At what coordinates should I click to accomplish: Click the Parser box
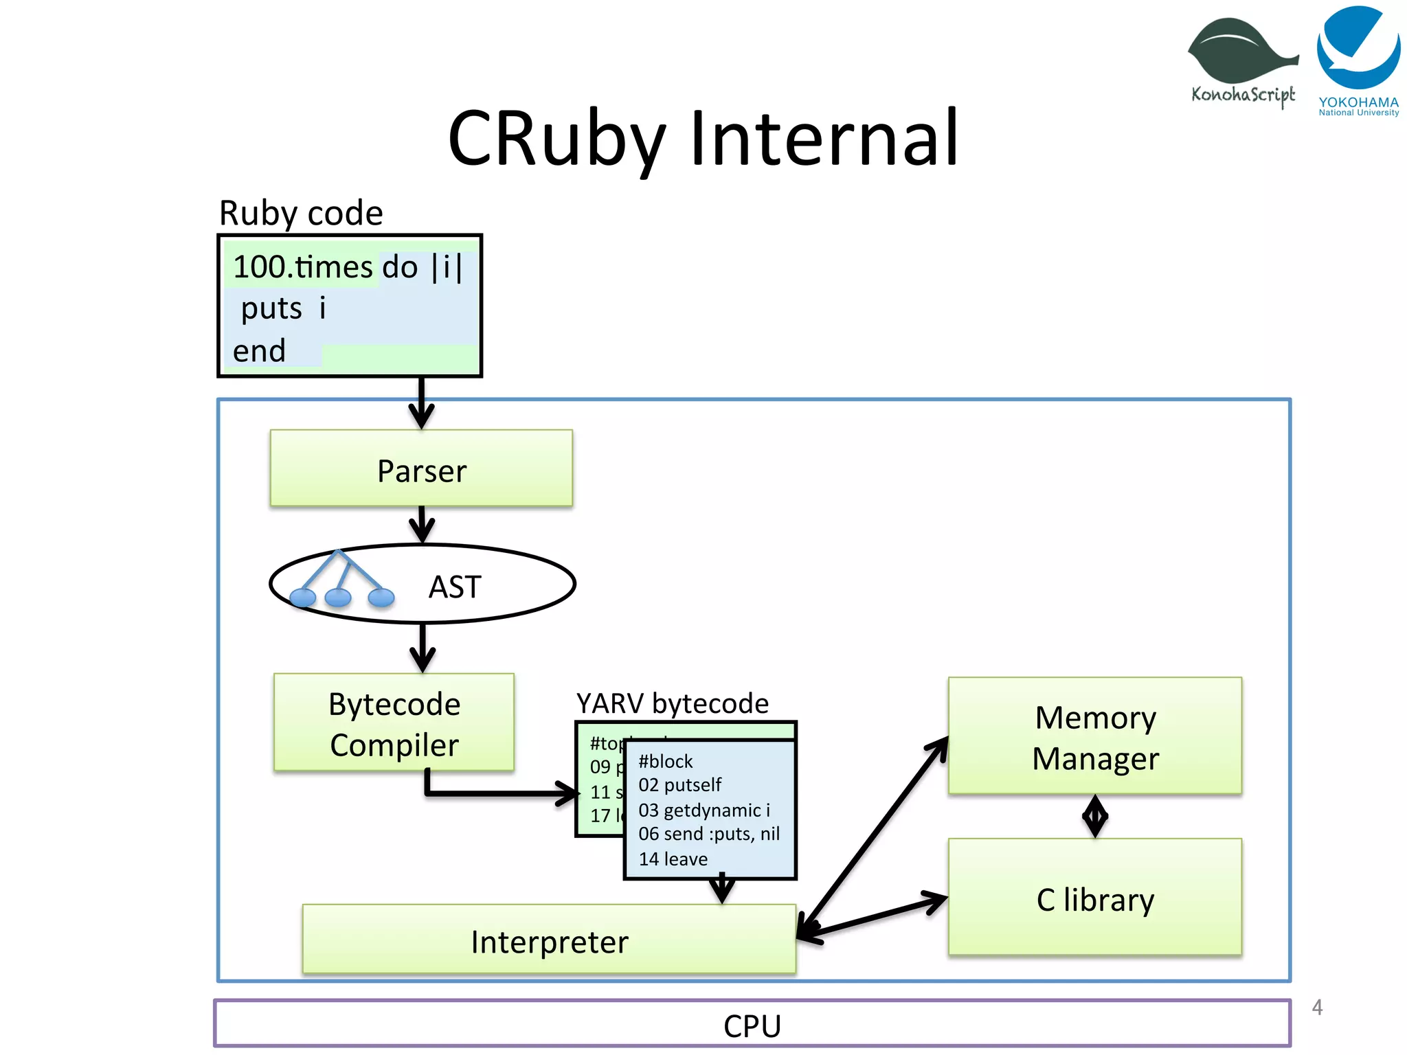tap(421, 469)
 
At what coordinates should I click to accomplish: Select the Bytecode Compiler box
tap(394, 723)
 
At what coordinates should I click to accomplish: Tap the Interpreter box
tap(549, 940)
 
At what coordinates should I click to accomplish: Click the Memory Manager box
tap(1095, 737)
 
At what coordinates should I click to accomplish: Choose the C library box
tap(1095, 898)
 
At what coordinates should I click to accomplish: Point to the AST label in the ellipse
tap(455, 587)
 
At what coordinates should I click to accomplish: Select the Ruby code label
tap(301, 213)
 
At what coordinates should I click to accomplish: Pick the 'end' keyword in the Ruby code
tap(259, 351)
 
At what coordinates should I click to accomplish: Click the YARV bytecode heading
tap(672, 703)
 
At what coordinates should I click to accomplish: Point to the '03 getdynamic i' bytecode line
tap(704, 810)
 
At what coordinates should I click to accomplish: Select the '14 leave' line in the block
tap(673, 859)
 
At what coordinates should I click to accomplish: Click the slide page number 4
tap(1316, 1007)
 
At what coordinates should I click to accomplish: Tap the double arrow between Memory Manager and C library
tap(1095, 816)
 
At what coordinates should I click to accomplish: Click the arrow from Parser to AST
tap(422, 525)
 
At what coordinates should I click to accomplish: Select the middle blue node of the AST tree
tap(337, 598)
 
